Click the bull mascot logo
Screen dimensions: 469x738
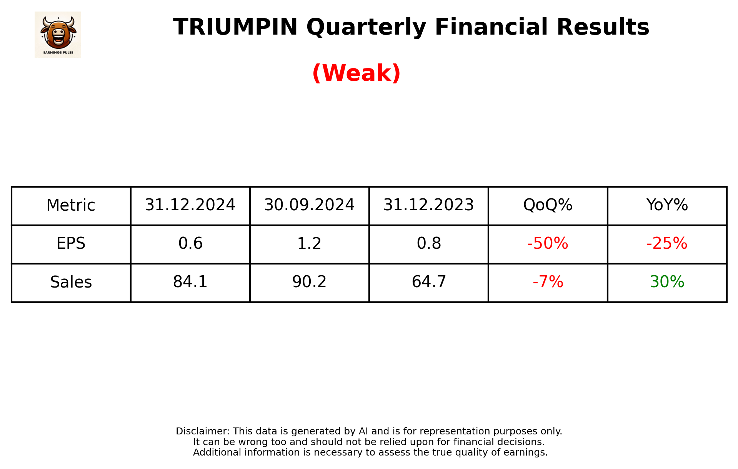point(58,34)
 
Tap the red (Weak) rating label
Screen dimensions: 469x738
point(357,73)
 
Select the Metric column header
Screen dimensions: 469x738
point(71,205)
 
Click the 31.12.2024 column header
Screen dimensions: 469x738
point(190,205)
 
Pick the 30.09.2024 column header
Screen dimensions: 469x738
point(309,205)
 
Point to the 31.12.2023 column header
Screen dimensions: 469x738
point(428,205)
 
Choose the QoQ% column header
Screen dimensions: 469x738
point(548,205)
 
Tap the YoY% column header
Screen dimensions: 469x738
point(667,205)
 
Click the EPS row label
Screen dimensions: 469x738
point(71,243)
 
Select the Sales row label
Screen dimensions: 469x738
point(71,282)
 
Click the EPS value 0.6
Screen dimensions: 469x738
point(190,243)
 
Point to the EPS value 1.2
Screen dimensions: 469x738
point(309,243)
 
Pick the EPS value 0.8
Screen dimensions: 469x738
point(428,243)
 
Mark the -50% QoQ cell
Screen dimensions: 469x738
point(548,243)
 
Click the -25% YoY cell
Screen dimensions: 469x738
point(667,243)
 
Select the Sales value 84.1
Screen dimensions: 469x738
point(190,282)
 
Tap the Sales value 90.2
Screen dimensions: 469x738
point(309,282)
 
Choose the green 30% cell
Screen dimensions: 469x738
point(667,282)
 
